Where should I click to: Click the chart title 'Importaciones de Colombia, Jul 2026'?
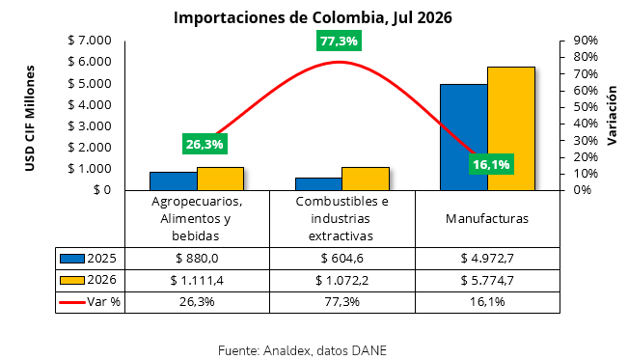coord(313,17)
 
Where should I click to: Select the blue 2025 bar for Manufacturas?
coord(464,137)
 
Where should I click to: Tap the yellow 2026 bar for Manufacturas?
coord(511,128)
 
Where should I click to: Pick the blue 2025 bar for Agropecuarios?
coord(174,180)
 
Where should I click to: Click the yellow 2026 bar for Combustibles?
coord(366,179)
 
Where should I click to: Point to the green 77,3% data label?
coord(339,41)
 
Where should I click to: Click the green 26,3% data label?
coord(205,144)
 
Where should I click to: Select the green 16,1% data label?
coord(491,164)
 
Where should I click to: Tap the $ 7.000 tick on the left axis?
coord(90,41)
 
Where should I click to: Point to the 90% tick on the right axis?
coord(586,41)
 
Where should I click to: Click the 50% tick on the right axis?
coord(586,107)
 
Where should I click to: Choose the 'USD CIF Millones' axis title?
coord(30,119)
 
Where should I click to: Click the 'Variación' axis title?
coord(612,116)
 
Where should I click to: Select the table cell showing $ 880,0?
coord(197,259)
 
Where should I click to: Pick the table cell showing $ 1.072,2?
coord(342,280)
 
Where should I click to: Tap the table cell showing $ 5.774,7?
coord(487,280)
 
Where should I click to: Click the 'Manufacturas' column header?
coord(487,219)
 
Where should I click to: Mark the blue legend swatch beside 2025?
coord(72,259)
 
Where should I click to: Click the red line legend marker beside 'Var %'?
coord(72,302)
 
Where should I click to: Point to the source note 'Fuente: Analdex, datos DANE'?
coord(302,350)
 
